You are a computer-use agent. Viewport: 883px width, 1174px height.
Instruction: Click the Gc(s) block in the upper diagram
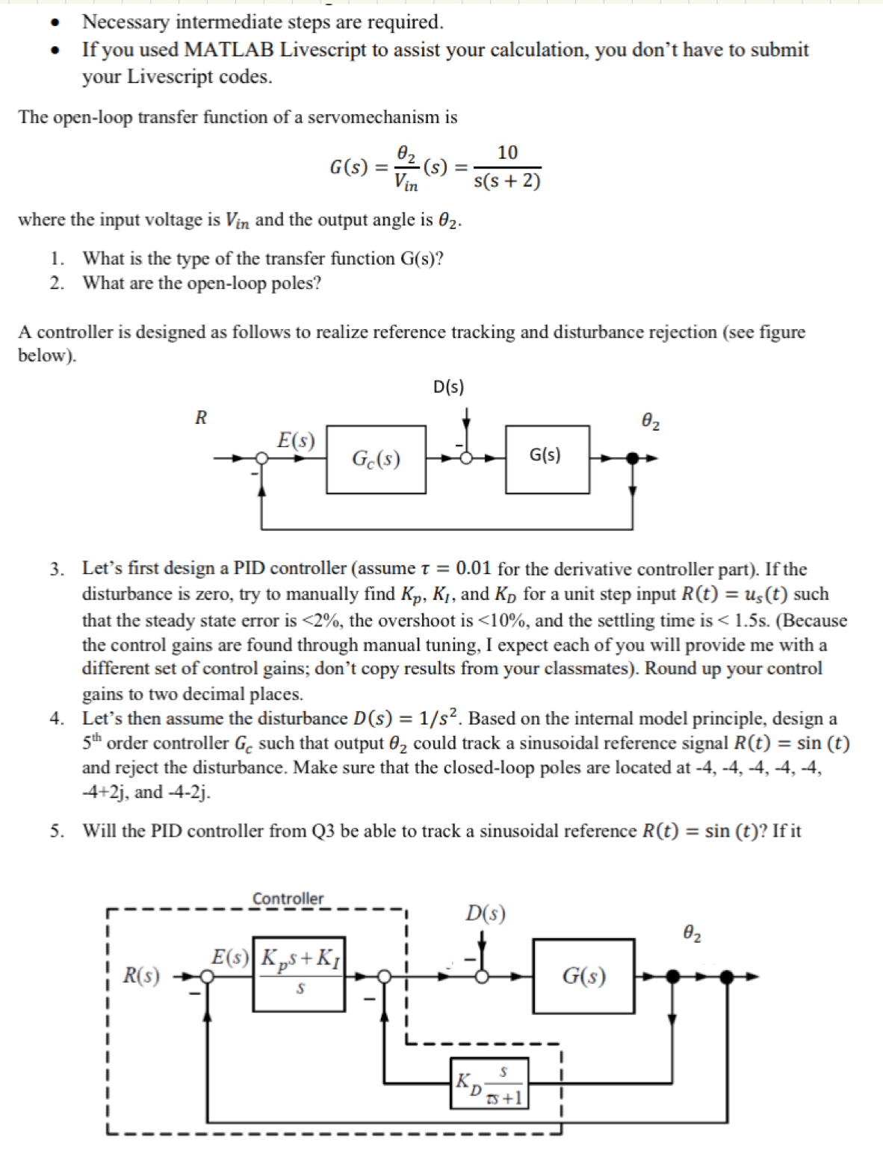tap(376, 459)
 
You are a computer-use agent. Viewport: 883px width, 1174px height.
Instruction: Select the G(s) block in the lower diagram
tap(583, 975)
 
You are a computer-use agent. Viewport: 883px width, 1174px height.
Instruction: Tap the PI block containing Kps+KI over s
tap(299, 973)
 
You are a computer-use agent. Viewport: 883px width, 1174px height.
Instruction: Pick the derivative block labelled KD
tap(490, 1083)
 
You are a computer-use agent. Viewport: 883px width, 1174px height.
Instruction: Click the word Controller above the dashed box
tap(288, 899)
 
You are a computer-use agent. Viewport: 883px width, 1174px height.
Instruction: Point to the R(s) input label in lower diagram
tap(141, 975)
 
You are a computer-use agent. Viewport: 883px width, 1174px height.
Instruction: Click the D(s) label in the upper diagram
tap(448, 387)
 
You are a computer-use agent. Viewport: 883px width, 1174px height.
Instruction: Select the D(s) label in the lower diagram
tap(486, 914)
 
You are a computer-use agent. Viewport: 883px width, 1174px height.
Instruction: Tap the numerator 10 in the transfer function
tap(507, 152)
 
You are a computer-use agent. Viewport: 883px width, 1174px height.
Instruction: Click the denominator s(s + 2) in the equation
tap(507, 181)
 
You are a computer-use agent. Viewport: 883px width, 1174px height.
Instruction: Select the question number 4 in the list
tap(57, 719)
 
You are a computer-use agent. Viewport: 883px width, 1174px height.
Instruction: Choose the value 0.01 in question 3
tap(473, 569)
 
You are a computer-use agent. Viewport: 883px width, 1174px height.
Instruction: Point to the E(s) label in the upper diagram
tap(296, 440)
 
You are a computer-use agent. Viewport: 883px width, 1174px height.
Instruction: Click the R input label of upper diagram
tap(200, 417)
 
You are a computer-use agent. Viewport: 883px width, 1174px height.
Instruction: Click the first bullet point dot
tap(54, 22)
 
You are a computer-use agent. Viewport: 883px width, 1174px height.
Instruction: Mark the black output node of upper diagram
tap(633, 458)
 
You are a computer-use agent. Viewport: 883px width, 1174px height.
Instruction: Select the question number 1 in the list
tap(57, 259)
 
